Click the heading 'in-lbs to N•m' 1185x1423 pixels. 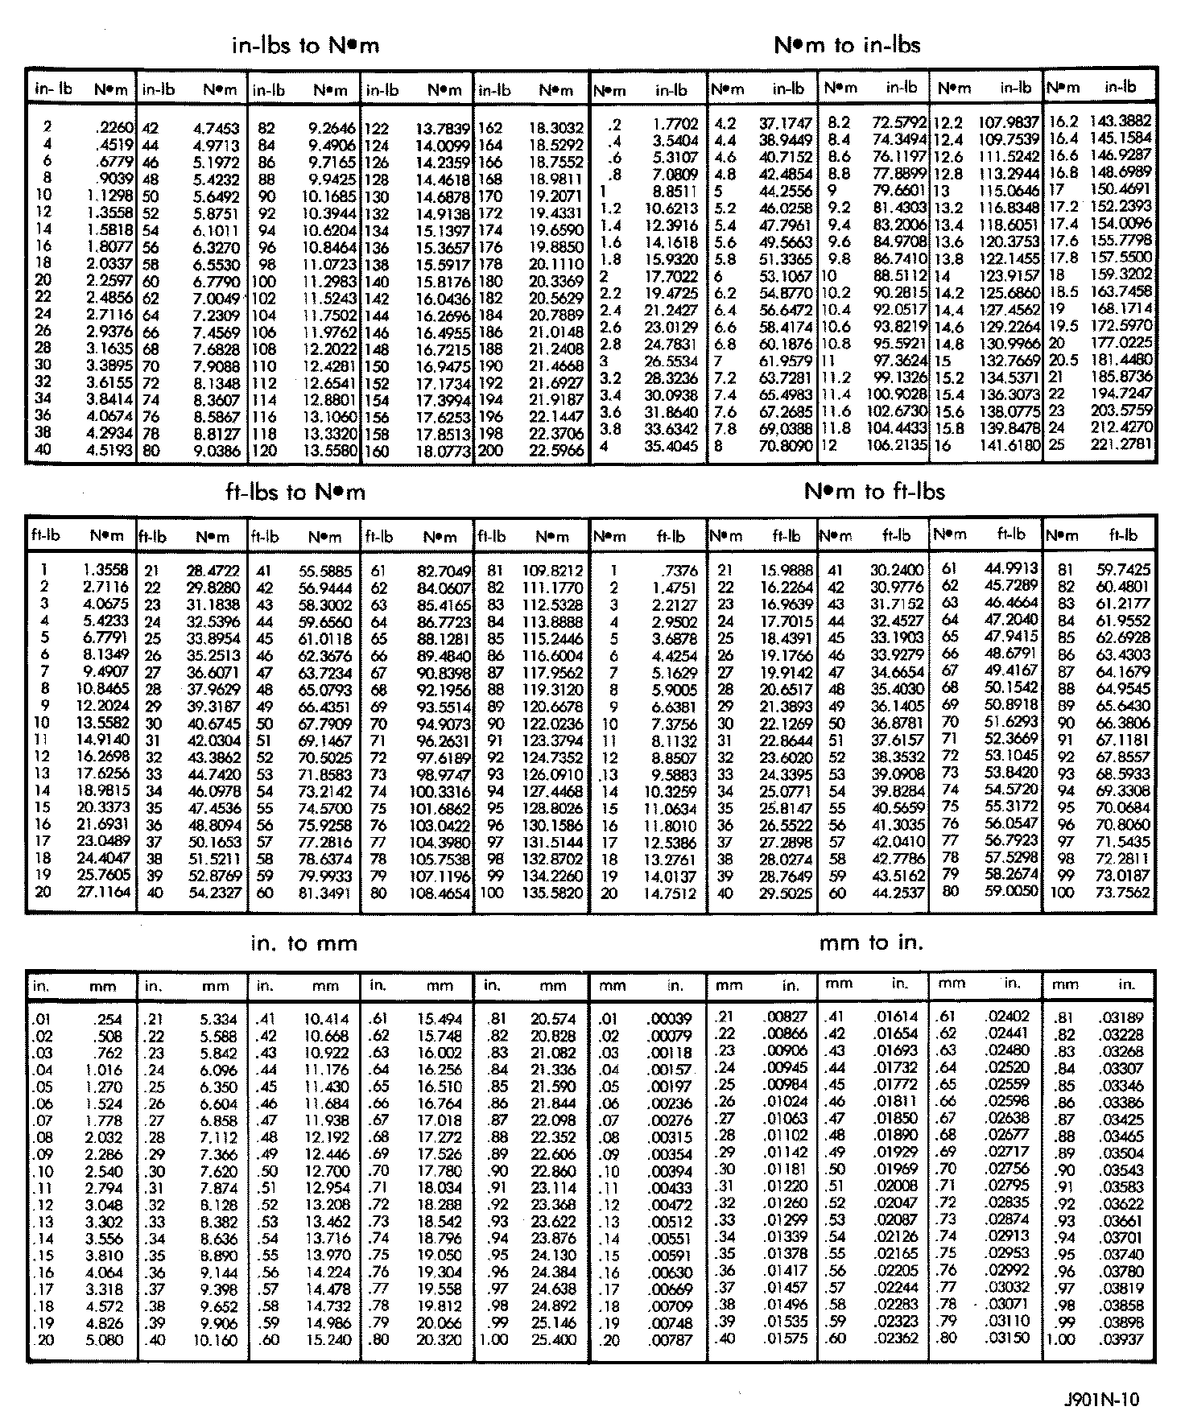coord(305,46)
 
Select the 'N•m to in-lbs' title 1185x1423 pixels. coord(847,45)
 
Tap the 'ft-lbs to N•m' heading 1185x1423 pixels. coord(295,492)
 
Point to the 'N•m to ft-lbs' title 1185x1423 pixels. coord(874,491)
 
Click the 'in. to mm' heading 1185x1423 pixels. coord(303,943)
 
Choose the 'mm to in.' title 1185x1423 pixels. coord(871,942)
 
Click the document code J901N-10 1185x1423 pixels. coord(1100,1399)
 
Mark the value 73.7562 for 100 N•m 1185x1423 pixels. coord(1122,892)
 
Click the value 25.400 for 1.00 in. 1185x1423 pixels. coord(554,1340)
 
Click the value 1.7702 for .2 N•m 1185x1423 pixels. coord(675,123)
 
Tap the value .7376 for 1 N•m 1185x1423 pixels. coord(680,571)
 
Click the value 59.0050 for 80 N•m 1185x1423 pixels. coord(1011,891)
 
